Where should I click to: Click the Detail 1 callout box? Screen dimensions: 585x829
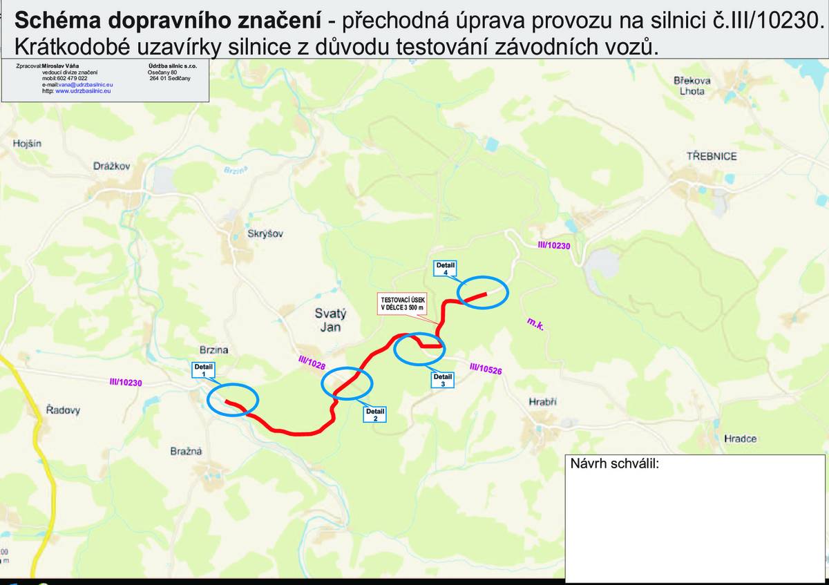point(204,370)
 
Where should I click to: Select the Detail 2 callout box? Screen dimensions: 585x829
point(375,414)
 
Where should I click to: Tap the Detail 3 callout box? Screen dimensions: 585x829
point(443,381)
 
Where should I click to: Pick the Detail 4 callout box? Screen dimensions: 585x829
point(446,269)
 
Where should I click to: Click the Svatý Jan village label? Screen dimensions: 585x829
point(331,320)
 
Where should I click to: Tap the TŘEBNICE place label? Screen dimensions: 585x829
point(712,156)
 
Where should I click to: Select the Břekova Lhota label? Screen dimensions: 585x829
point(692,86)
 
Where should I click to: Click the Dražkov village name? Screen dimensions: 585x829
point(111,166)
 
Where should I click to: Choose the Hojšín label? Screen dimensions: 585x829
point(27,144)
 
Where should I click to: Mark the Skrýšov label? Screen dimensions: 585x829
point(265,234)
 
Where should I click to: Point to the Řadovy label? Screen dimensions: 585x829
point(63,410)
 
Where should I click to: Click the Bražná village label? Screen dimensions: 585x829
point(186,452)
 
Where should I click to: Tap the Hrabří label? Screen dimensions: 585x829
point(542,402)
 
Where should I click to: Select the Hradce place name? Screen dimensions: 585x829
point(741,439)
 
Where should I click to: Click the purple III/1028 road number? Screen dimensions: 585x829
point(312,363)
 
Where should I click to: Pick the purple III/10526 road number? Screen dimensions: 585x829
point(486,370)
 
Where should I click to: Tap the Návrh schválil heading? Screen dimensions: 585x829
point(615,463)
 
